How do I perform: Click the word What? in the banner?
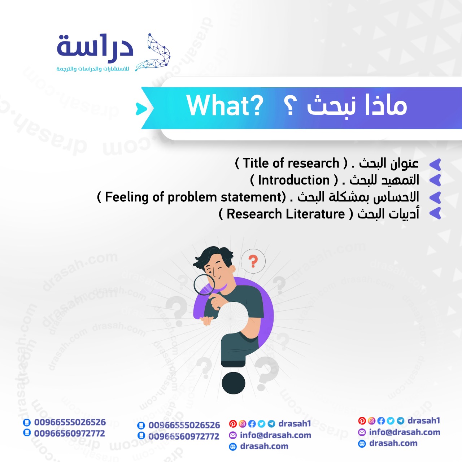tap(225, 106)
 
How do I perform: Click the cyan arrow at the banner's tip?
tap(141, 109)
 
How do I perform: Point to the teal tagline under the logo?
tap(92, 69)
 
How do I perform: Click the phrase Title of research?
tap(291, 163)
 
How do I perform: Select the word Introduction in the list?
tap(294, 180)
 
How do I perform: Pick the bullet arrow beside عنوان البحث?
tap(435, 165)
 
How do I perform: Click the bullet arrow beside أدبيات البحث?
tap(435, 213)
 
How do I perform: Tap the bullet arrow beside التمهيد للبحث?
tap(435, 180)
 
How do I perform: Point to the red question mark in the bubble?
tap(253, 261)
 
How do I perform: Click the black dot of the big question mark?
tap(233, 383)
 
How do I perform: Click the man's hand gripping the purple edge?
tap(206, 320)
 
